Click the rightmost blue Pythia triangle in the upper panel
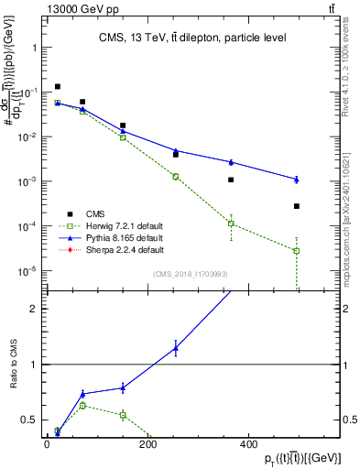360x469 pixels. [297, 179]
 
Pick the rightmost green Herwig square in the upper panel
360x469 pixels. [297, 251]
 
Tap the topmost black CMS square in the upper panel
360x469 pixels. [58, 87]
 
